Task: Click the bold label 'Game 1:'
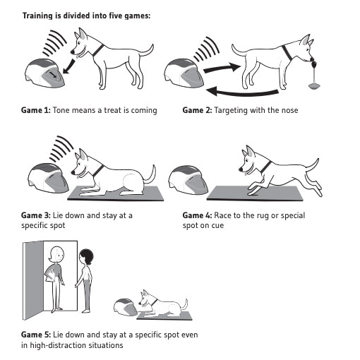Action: tap(36, 110)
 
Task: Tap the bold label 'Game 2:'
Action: tap(197, 110)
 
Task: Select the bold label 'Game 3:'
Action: tap(36, 215)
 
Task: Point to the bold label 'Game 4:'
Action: tap(197, 215)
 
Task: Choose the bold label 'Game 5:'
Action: tap(36, 335)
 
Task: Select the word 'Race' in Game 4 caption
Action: tap(222, 215)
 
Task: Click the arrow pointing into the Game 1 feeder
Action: tap(69, 66)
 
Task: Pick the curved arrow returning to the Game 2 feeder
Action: tap(242, 92)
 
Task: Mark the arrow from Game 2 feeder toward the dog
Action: tap(222, 68)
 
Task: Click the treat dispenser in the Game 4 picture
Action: tap(188, 179)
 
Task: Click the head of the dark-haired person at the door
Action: tap(86, 257)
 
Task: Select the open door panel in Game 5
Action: tap(33, 280)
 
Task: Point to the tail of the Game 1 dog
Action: tap(146, 51)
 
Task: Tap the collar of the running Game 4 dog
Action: tap(267, 167)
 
